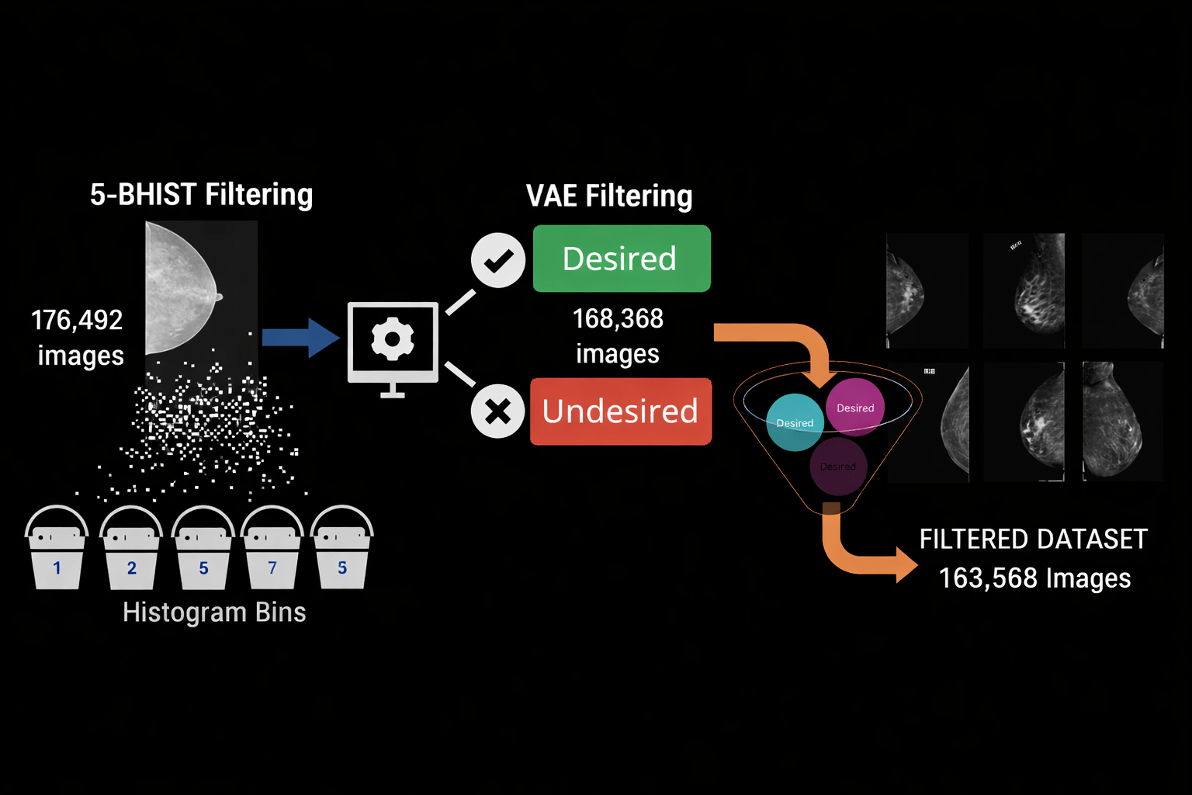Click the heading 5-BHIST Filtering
[x=201, y=195]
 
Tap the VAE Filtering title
[x=609, y=196]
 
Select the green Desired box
[x=621, y=259]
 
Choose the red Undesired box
[x=621, y=411]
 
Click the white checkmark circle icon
[x=498, y=260]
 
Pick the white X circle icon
[x=498, y=411]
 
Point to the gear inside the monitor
[x=393, y=339]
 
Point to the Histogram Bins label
[x=214, y=613]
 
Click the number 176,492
[x=77, y=320]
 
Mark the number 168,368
[x=618, y=318]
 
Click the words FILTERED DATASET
[x=1033, y=539]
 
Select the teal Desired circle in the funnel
[x=795, y=423]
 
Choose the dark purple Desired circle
[x=838, y=467]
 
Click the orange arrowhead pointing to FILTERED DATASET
[x=906, y=564]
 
